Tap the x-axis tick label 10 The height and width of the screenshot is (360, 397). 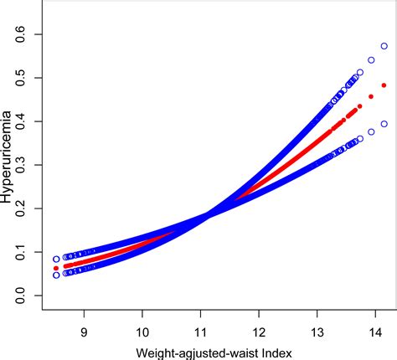[x=143, y=332]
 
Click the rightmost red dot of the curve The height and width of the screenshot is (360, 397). [x=384, y=85]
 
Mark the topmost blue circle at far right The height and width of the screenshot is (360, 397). [x=384, y=46]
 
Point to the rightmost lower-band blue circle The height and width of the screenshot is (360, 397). [x=384, y=124]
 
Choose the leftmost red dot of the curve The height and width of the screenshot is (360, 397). [x=56, y=268]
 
